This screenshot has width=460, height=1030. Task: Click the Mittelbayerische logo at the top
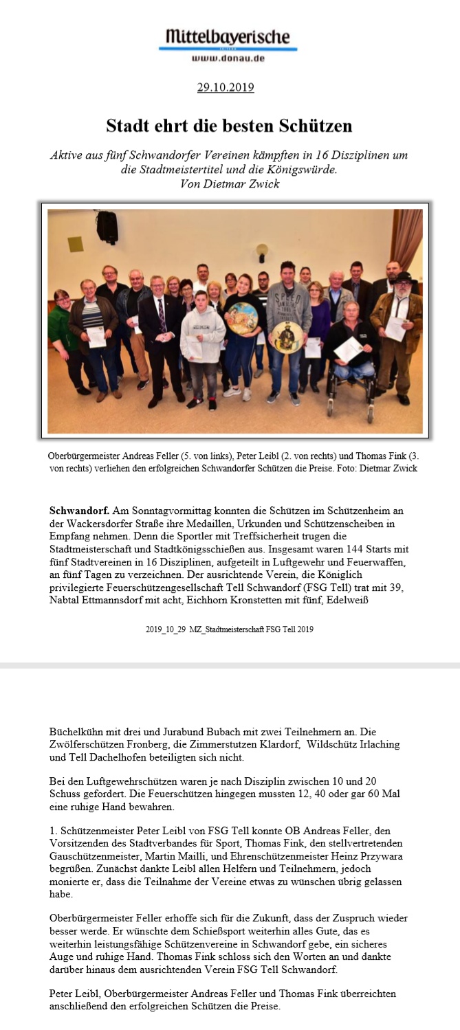pyautogui.click(x=228, y=37)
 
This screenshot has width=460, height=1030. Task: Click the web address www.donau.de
pyautogui.click(x=228, y=58)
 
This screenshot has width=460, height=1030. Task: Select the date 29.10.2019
pyautogui.click(x=226, y=87)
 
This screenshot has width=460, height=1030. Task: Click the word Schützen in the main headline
pyautogui.click(x=316, y=126)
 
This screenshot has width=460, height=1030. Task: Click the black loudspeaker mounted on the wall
pyautogui.click(x=107, y=227)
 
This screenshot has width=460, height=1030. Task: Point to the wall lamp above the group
pyautogui.click(x=262, y=251)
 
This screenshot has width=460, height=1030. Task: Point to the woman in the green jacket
pyautogui.click(x=62, y=326)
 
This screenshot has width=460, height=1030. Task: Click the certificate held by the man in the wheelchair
pyautogui.click(x=347, y=349)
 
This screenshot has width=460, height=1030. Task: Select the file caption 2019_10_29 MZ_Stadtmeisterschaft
pyautogui.click(x=230, y=629)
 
